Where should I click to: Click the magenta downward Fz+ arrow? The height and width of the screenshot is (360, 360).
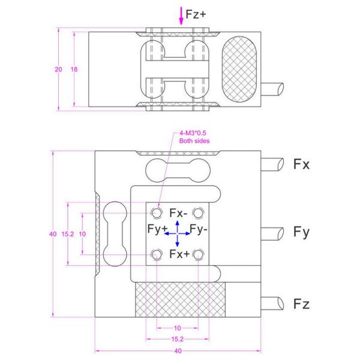(181, 16)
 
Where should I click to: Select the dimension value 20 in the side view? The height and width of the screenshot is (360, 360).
(58, 69)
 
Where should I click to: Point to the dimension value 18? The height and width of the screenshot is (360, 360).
(74, 69)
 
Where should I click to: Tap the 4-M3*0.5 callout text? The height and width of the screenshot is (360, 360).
(193, 137)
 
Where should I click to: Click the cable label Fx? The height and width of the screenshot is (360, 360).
(301, 164)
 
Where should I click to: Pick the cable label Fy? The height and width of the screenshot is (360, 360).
(301, 232)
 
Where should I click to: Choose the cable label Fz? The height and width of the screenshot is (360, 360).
(301, 304)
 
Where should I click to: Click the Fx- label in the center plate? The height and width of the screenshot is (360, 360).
(179, 214)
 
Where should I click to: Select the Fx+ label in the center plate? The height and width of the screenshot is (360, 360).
(179, 254)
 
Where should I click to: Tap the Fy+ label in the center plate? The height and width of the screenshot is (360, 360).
(157, 229)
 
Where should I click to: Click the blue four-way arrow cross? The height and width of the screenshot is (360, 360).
(178, 233)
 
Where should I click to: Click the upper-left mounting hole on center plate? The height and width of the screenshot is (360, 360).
(157, 213)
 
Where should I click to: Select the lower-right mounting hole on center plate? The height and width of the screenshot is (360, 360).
(200, 255)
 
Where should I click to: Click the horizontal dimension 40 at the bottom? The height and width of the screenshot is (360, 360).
(178, 350)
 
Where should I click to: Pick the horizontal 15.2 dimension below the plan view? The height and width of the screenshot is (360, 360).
(178, 338)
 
